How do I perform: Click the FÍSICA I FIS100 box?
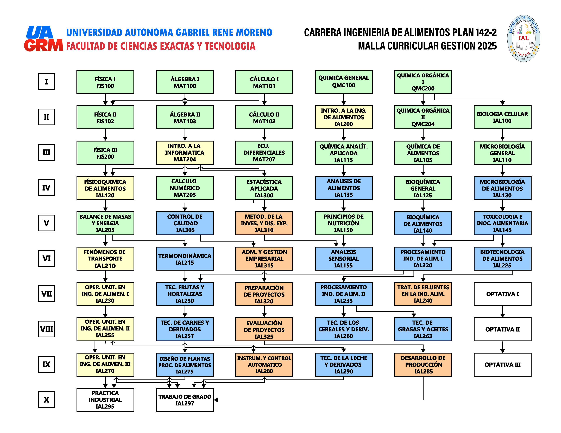105,82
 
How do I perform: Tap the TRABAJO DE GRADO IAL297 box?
185,400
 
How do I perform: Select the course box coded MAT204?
185,153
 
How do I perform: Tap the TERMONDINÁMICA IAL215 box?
185,259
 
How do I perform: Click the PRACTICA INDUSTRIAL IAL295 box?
105,400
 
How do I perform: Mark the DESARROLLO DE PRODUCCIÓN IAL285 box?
423,364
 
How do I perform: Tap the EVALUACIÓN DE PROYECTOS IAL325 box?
264,329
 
